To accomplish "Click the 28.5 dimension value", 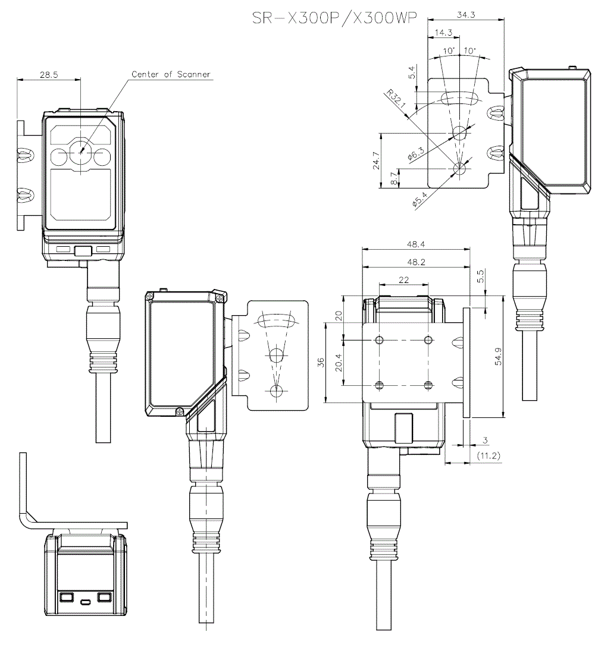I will [x=49, y=75].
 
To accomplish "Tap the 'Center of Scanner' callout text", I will [x=171, y=75].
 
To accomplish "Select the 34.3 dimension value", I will [x=466, y=15].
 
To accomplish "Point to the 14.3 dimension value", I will [x=444, y=32].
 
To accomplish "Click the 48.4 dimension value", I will [x=416, y=244].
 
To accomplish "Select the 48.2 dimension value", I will [x=416, y=262].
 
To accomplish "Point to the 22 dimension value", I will [x=403, y=279].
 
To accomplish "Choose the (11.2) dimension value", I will [x=488, y=457].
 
